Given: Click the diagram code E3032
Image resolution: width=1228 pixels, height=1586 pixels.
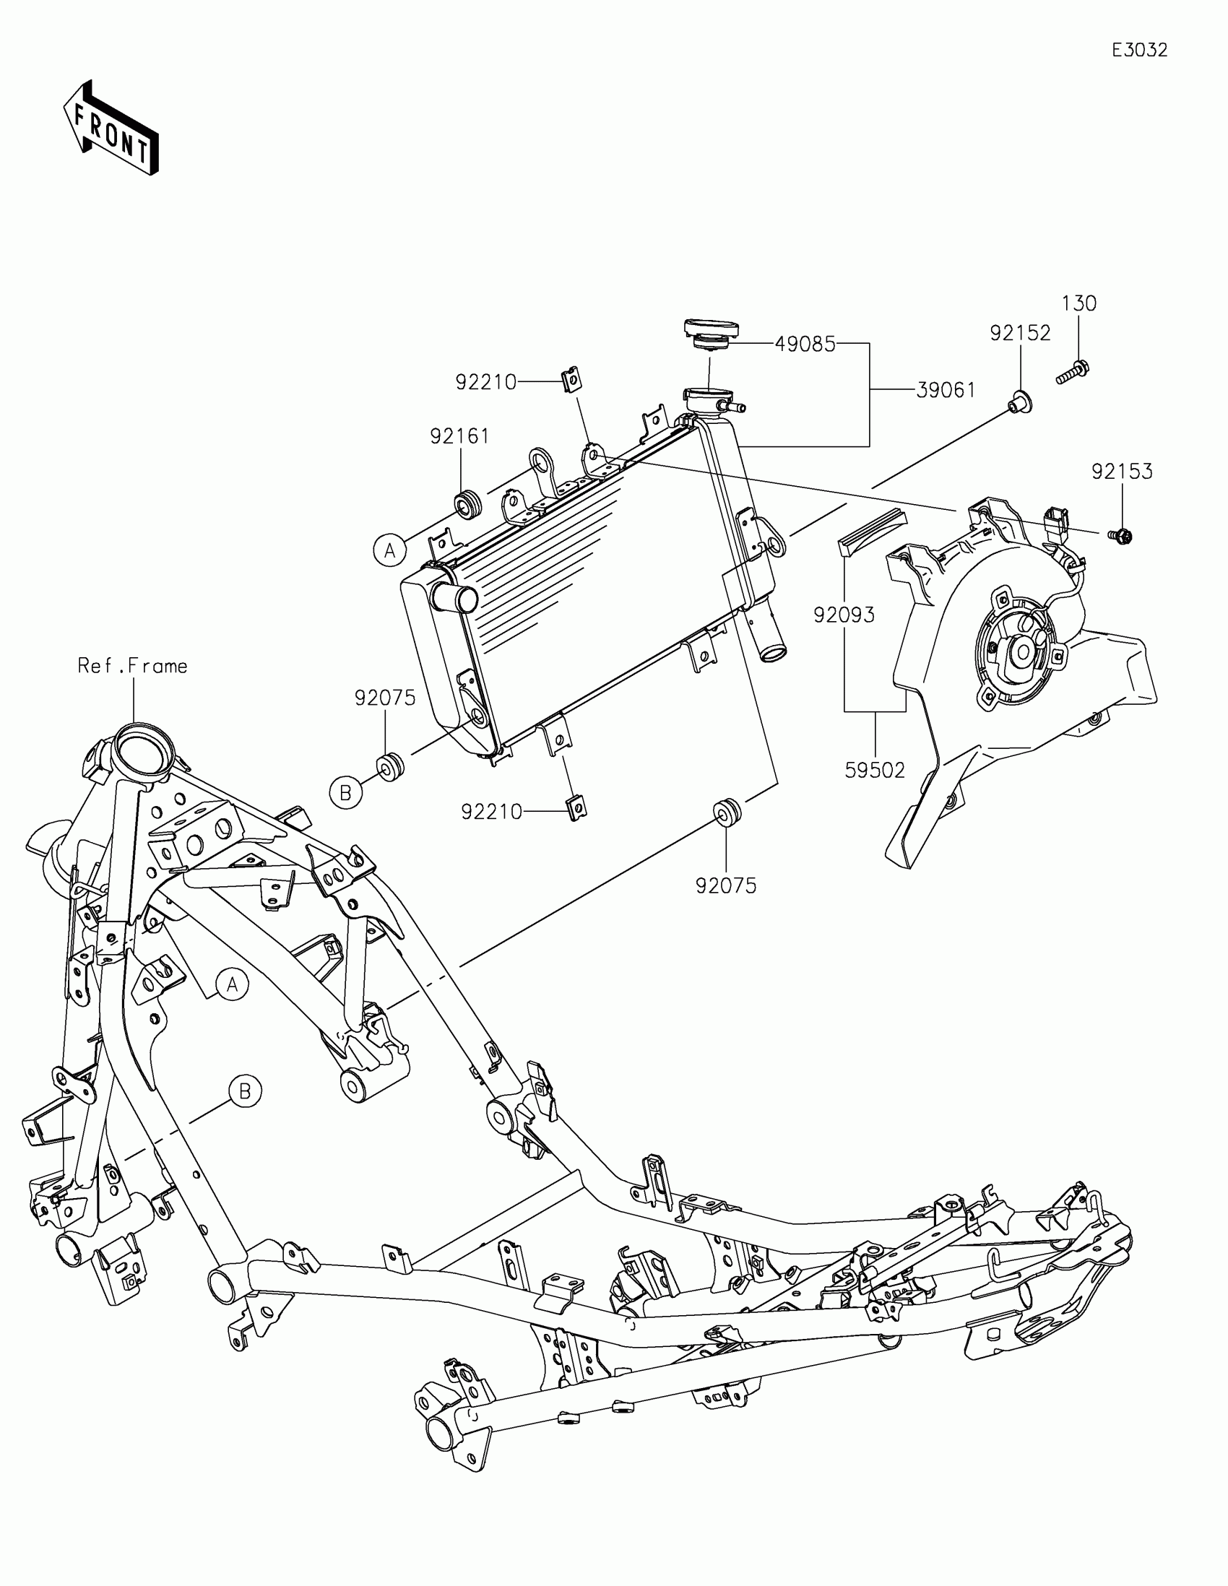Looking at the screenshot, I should [1139, 50].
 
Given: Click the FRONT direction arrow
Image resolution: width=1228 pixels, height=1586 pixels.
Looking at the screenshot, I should [111, 129].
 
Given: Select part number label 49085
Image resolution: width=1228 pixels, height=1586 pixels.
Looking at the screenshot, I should [805, 344].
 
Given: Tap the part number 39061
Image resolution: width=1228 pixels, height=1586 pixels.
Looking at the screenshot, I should [946, 390].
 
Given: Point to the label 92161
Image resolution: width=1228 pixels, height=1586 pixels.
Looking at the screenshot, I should [459, 435].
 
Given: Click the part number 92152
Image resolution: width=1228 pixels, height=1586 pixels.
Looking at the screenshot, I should [1020, 333].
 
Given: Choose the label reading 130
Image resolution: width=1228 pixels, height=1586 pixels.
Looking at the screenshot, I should [1078, 303].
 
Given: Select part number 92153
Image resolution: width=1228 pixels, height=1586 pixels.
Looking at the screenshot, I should [1122, 472].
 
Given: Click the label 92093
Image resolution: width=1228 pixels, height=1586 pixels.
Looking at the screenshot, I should [844, 615].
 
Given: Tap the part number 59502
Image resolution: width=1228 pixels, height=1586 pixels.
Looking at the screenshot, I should [874, 769].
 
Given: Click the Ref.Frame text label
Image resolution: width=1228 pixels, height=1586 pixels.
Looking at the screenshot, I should [133, 666].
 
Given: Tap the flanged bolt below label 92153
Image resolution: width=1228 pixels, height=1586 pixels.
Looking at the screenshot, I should [1121, 537].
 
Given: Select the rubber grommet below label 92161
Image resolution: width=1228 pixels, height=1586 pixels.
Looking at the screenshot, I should [467, 504].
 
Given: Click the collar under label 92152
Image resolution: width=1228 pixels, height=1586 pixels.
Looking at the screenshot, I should [1020, 400].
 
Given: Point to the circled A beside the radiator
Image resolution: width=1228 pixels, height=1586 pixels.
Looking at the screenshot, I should [390, 550].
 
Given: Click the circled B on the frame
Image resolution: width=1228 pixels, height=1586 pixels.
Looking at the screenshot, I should [245, 1111].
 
